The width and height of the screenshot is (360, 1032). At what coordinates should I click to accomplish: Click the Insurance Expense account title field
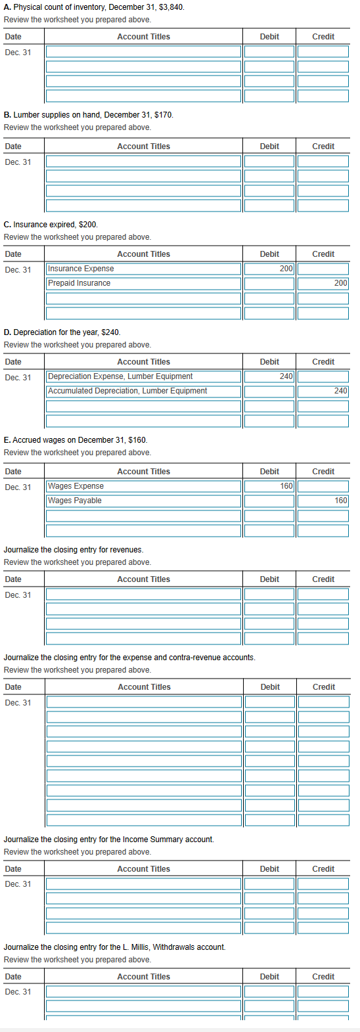pos(143,269)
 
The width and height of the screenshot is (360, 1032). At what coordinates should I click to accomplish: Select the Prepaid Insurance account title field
pos(143,283)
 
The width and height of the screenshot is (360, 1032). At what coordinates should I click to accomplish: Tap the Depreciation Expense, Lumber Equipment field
pos(143,376)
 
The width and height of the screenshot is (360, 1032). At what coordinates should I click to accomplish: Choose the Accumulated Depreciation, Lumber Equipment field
pos(143,391)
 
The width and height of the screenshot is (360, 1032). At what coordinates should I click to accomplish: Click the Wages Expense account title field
pos(143,486)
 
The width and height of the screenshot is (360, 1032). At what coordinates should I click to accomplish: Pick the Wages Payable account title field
pos(143,501)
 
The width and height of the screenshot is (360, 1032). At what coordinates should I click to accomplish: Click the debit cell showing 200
pos(269,269)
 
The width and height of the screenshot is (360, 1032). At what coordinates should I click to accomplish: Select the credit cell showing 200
pos(323,283)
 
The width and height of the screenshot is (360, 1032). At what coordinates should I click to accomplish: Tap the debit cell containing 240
pos(269,376)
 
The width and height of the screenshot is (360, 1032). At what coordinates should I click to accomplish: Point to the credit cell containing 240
pos(323,391)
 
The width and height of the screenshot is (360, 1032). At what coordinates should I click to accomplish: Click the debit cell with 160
pos(269,486)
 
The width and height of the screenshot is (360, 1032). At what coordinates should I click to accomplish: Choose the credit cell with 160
pos(323,501)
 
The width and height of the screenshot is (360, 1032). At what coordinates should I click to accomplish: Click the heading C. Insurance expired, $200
pos(51,225)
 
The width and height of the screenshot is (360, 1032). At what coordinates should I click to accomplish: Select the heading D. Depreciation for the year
pos(62,332)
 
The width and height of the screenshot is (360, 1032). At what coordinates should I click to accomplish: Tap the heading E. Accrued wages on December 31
pos(75,440)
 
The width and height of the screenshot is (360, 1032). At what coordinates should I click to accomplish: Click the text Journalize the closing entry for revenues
pos(74,550)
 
